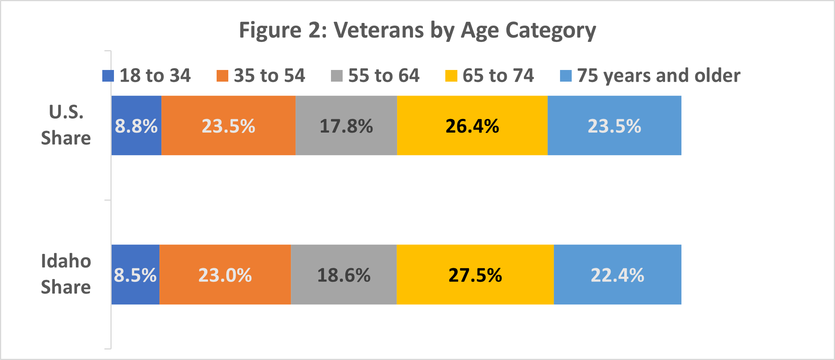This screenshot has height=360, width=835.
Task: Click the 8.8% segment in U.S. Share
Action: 136,126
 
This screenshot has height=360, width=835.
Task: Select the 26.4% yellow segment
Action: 472,126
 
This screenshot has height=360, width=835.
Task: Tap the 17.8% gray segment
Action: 346,126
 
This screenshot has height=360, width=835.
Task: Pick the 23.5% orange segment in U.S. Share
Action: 228,126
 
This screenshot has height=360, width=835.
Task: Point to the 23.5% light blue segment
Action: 614,126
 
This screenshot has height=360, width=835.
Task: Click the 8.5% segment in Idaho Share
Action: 135,275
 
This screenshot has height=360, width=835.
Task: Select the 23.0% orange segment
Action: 225,275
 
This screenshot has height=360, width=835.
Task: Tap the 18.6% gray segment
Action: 344,275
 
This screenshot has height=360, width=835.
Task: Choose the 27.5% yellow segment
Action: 475,275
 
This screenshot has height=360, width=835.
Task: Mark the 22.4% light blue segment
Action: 617,275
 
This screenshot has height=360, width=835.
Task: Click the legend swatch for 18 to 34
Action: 108,76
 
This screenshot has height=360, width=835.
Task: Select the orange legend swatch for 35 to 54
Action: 222,76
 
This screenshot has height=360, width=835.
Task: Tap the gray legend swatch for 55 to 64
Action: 336,76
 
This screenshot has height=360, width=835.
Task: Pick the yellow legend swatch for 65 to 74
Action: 451,76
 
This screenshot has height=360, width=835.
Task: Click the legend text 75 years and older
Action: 658,75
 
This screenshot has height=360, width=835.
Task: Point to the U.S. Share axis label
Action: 66,125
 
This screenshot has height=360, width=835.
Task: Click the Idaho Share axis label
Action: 66,274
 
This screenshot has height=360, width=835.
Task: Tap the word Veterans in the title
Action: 378,30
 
